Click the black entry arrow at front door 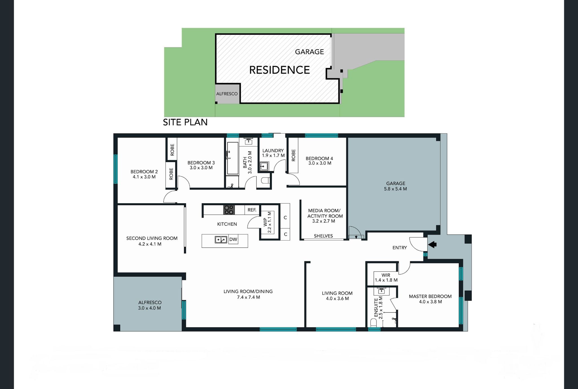tap(432, 244)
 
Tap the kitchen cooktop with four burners tap(229, 210)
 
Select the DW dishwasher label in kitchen tap(233, 240)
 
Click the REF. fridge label tap(252, 210)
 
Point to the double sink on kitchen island tap(221, 240)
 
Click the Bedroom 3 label tap(201, 163)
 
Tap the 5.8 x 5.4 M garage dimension tap(395, 189)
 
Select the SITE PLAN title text tap(185, 122)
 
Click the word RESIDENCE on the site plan tap(279, 70)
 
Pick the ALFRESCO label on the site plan tap(227, 94)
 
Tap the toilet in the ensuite tap(373, 322)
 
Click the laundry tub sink tap(264, 166)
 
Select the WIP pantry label tap(265, 222)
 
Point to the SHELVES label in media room tap(323, 236)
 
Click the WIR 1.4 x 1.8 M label tap(386, 277)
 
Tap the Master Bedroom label tap(430, 296)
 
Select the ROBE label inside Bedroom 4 tap(293, 156)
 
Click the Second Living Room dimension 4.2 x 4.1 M tap(150, 244)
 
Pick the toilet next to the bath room tap(265, 180)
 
